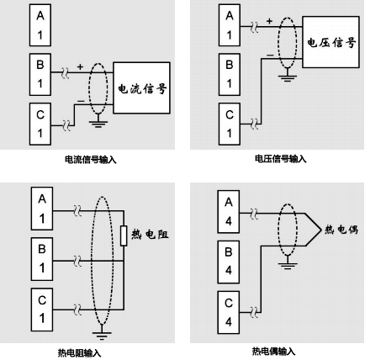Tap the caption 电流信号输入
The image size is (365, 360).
[x=90, y=159]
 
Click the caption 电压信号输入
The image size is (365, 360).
[x=281, y=159]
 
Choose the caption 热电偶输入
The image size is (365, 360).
[x=273, y=351]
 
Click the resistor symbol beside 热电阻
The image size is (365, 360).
[x=125, y=235]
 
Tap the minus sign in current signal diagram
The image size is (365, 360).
[x=80, y=99]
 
